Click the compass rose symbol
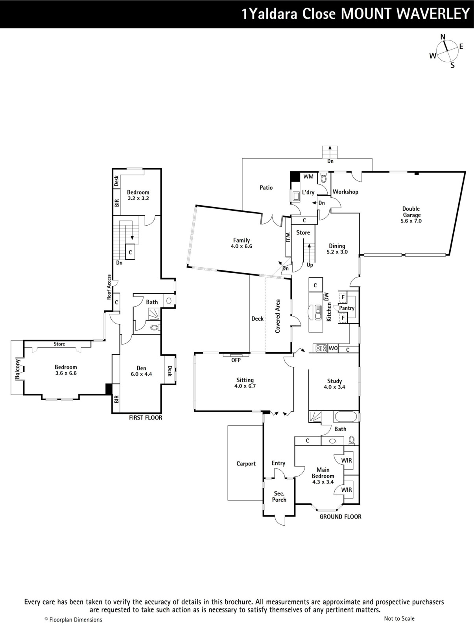click(x=447, y=51)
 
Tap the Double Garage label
click(x=411, y=212)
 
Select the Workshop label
click(x=345, y=192)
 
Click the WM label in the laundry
click(x=308, y=177)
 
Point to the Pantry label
click(x=347, y=308)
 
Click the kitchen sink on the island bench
click(x=318, y=313)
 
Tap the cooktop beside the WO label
click(x=321, y=348)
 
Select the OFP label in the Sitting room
click(x=236, y=360)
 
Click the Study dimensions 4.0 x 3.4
click(x=334, y=387)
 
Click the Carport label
click(x=246, y=463)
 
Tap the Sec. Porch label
click(x=279, y=497)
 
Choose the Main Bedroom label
click(x=323, y=473)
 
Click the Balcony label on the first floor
click(x=18, y=369)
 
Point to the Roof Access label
click(x=109, y=287)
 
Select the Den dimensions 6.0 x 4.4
click(x=141, y=374)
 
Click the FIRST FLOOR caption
click(x=146, y=418)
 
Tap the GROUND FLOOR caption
click(x=340, y=517)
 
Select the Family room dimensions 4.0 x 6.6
click(x=241, y=246)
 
